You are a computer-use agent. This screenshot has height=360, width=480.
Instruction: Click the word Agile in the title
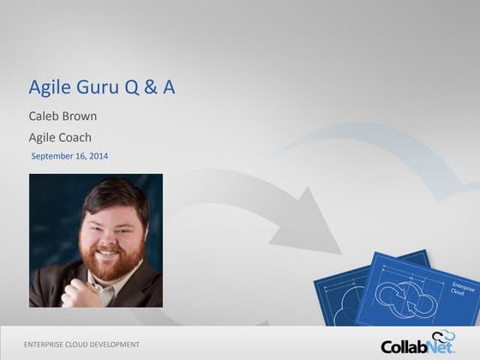point(49,87)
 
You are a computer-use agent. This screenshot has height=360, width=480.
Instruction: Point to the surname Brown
point(82,116)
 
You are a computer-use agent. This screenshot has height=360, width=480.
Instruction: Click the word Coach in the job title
point(76,137)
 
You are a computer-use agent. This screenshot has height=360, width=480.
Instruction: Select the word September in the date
point(53,156)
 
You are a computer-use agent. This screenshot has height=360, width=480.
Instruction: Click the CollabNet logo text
point(417,346)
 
